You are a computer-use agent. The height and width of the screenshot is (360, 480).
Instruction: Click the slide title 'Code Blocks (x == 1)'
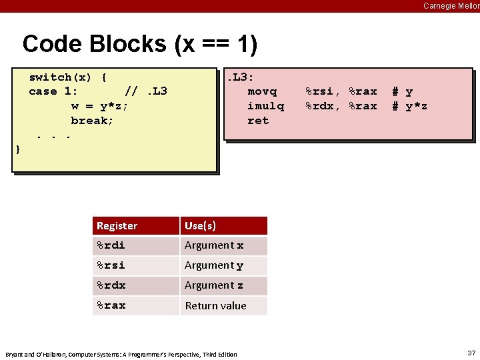tap(139, 44)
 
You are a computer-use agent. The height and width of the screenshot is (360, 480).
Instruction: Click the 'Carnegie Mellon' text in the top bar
tap(451, 6)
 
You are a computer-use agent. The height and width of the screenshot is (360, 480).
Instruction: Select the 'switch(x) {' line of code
tap(68, 77)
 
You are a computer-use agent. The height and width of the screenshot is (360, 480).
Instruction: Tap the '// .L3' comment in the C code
tap(146, 91)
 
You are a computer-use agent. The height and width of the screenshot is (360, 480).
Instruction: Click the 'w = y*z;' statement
tap(100, 106)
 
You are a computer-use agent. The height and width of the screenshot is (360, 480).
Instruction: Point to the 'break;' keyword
tap(92, 121)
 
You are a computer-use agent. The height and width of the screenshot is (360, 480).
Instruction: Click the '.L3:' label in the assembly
tap(240, 77)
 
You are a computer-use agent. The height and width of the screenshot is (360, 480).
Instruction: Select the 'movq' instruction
tap(261, 91)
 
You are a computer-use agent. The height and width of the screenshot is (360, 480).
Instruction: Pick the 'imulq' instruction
tap(265, 106)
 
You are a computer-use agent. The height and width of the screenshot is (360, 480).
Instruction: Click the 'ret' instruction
tap(258, 121)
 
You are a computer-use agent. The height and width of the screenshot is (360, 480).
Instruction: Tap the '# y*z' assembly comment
tap(409, 106)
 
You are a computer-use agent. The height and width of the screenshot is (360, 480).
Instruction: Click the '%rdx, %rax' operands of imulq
tap(341, 106)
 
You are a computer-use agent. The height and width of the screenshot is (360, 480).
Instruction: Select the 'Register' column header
tap(117, 226)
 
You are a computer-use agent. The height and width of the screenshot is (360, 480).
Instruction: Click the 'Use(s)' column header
tap(200, 226)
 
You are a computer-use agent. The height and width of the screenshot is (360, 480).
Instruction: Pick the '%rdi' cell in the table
tap(111, 245)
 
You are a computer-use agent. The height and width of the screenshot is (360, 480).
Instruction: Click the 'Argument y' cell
tap(213, 265)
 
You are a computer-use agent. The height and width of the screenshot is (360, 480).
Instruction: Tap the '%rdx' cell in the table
tap(111, 285)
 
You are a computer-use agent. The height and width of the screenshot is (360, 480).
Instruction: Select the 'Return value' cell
tap(215, 306)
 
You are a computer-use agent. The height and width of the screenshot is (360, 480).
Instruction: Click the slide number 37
tap(471, 352)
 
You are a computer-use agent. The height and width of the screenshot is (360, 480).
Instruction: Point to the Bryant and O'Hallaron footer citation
tap(121, 354)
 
